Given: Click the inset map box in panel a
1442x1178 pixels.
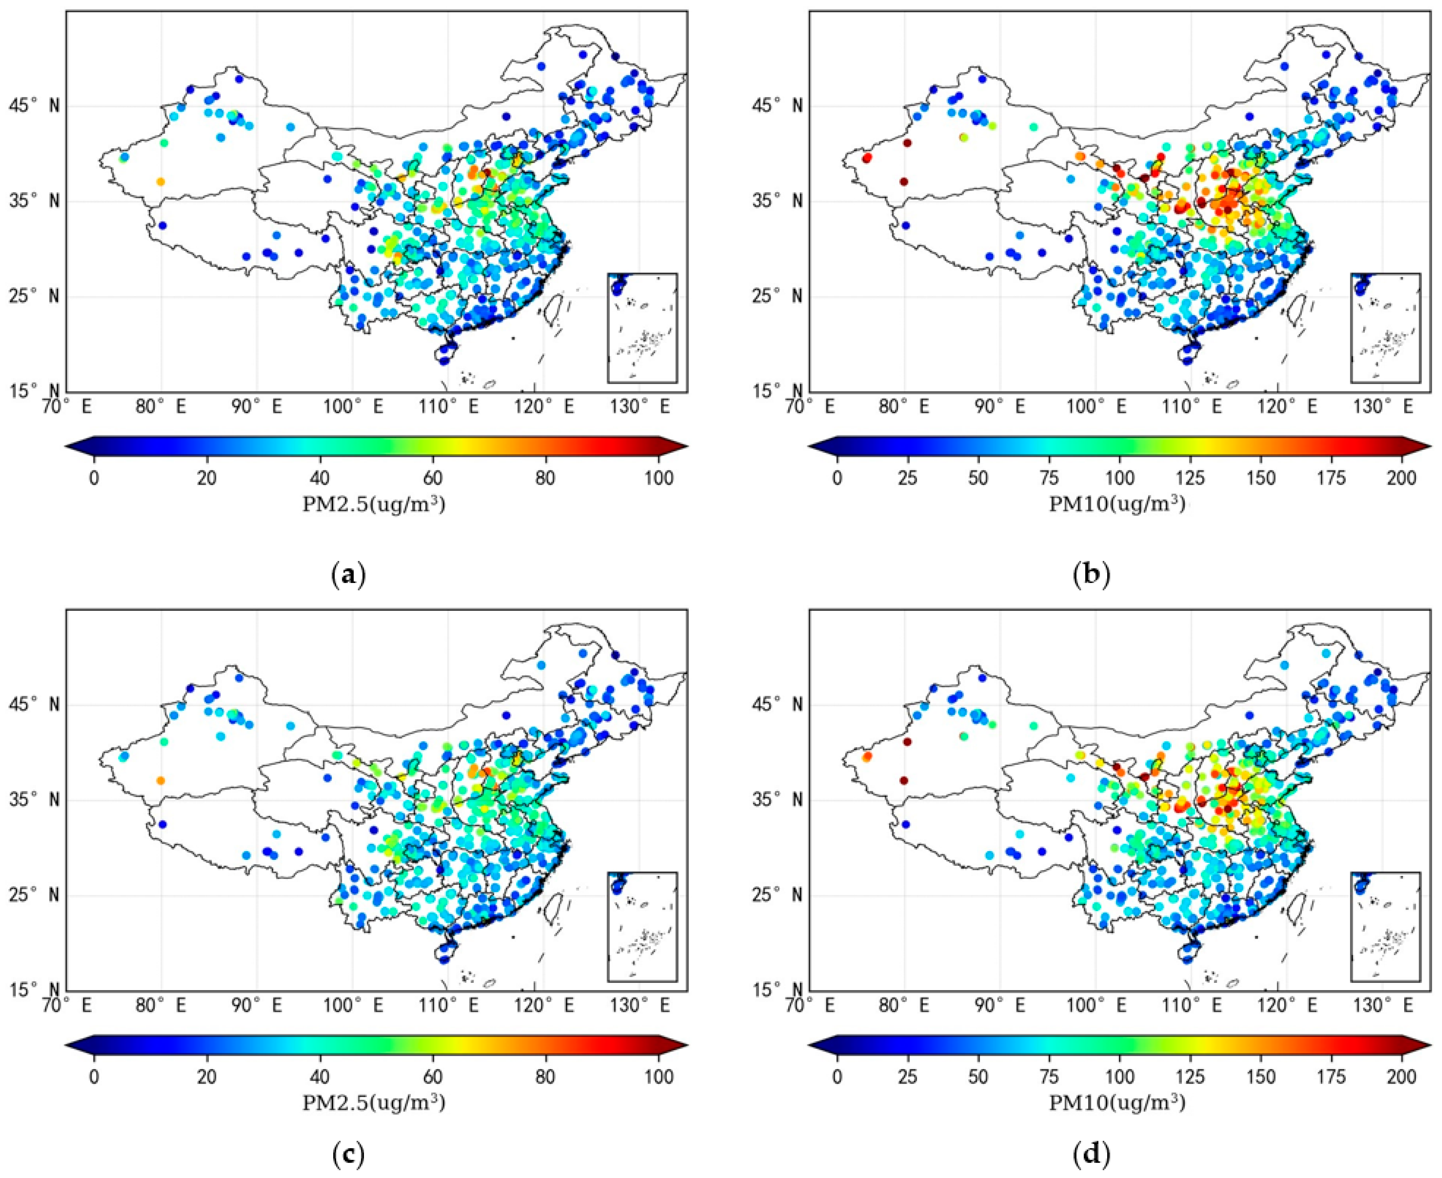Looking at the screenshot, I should [642, 328].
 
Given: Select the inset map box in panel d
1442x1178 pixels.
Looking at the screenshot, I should [1385, 926].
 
